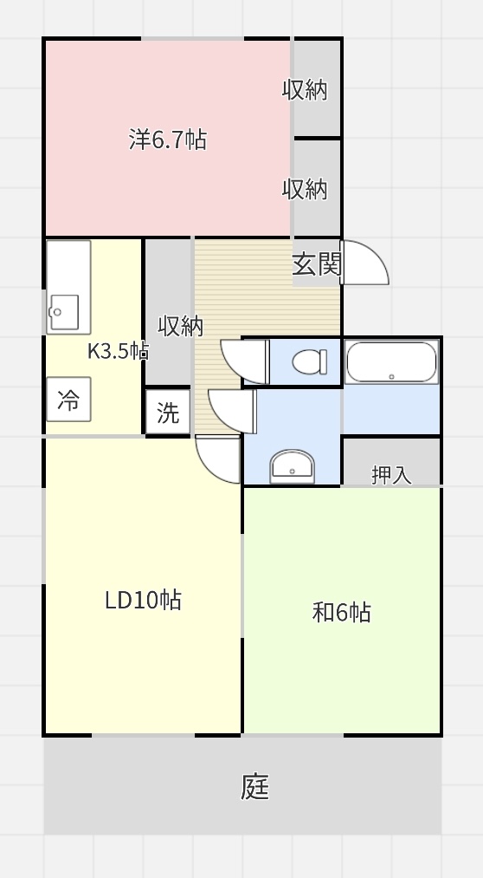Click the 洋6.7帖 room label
[168, 140]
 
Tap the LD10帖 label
[143, 600]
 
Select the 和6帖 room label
[342, 612]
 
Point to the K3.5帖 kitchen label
[118, 351]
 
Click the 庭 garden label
[254, 787]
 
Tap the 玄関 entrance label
[317, 263]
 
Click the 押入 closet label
[391, 475]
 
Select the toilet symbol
[310, 361]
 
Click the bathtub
[391, 362]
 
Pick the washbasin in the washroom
[293, 466]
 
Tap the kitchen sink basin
[64, 312]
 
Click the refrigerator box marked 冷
[68, 400]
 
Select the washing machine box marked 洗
[168, 413]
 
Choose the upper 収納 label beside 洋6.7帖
[304, 89]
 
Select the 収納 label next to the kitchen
[180, 326]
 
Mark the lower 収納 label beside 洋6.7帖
[304, 189]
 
